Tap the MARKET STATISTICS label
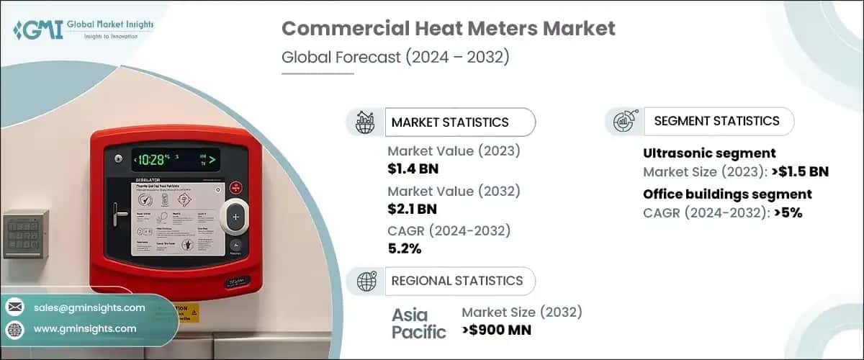coord(450,122)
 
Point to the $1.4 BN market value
coord(413,169)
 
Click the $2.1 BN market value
coord(413,210)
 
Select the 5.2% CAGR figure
coord(405,249)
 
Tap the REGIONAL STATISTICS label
coord(456,281)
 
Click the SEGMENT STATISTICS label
coord(716,121)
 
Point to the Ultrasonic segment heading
coord(709,153)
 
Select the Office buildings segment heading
coord(727,194)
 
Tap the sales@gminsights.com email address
coord(89,307)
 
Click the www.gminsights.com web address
coord(85,328)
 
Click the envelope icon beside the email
coord(15,307)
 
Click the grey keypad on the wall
coord(26,234)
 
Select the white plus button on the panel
coord(235,217)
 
